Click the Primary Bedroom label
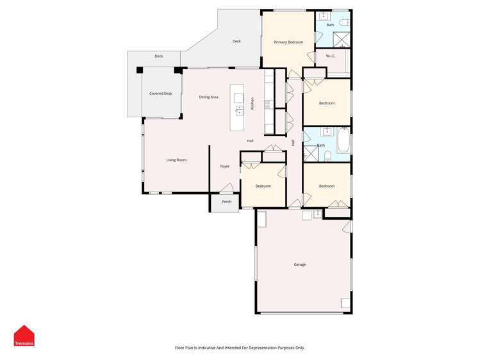coord(288,42)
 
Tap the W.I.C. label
coord(331,56)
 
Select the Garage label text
coord(299,265)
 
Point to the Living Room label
coord(176,160)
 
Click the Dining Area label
coord(208,97)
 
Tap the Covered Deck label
coord(161,94)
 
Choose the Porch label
coord(226,202)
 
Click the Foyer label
coord(225,167)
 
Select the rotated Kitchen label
coord(252,104)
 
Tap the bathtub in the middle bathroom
coord(343,141)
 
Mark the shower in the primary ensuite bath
coord(343,40)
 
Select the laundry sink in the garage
coord(306,214)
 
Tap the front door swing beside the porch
coord(226,188)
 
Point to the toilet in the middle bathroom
coord(327,156)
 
